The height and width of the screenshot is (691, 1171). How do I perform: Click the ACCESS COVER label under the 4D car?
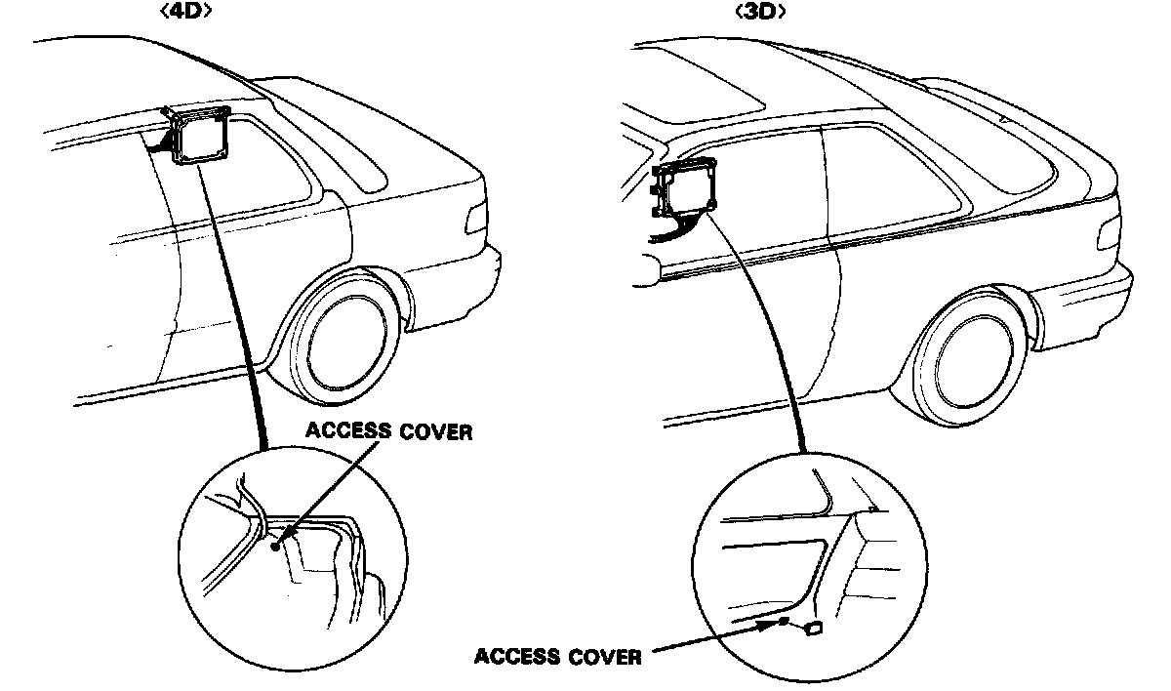tap(387, 431)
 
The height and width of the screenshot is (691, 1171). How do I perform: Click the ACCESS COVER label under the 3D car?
tap(558, 656)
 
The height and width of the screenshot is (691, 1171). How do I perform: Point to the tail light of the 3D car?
tap(1110, 234)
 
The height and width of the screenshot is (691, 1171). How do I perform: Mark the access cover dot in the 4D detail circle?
tap(277, 547)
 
